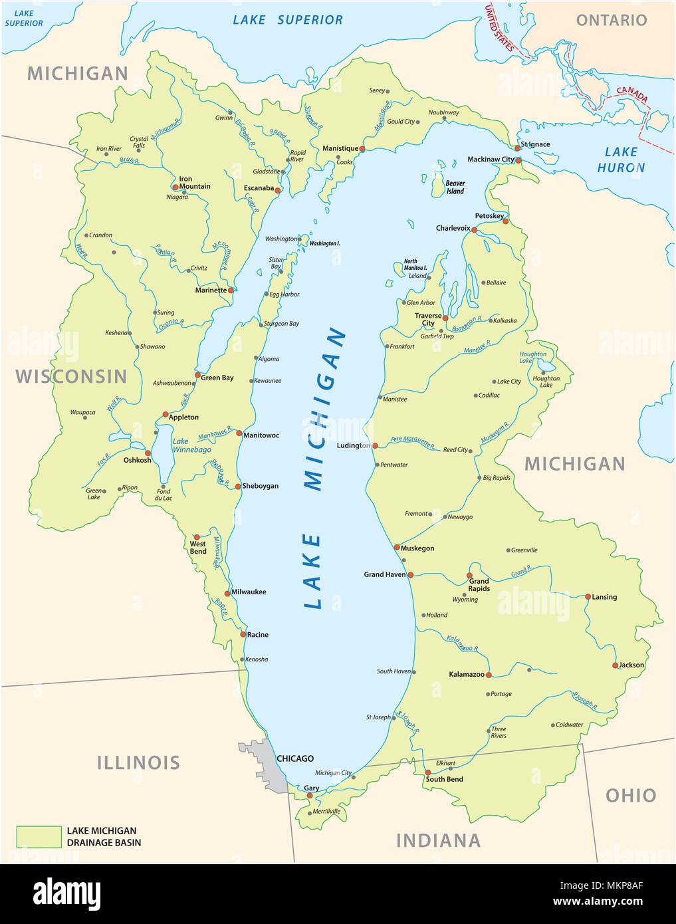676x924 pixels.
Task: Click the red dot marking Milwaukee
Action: [227, 594]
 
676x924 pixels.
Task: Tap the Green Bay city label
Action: [217, 378]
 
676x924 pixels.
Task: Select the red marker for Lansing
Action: [588, 596]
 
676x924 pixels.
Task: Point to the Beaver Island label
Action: [455, 187]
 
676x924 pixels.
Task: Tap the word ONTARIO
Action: [611, 20]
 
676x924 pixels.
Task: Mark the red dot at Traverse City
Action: [445, 318]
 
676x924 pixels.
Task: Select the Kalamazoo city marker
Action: [489, 675]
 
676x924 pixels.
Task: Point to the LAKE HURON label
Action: [621, 160]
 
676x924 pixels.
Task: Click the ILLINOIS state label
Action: [138, 762]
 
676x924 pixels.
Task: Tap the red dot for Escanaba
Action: [279, 190]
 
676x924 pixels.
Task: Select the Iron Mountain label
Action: [195, 182]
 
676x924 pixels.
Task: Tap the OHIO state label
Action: [630, 795]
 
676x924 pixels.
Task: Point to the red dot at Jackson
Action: [616, 665]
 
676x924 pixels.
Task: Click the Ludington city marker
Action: [375, 445]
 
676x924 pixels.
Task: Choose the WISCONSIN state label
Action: [71, 376]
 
